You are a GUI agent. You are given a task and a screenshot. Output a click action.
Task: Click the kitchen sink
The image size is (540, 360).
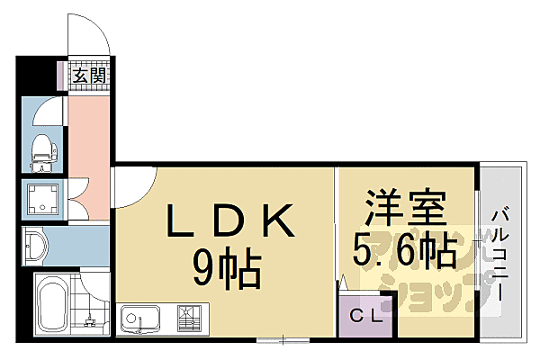click(x=140, y=319)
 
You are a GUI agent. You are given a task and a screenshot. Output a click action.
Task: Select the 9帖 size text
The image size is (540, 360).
click(x=228, y=266)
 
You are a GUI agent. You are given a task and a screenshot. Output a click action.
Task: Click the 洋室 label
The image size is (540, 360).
click(x=405, y=211)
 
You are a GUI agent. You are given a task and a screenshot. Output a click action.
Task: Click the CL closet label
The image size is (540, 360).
click(x=366, y=316)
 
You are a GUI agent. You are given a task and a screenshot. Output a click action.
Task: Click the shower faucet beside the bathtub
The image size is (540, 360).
click(x=91, y=317)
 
